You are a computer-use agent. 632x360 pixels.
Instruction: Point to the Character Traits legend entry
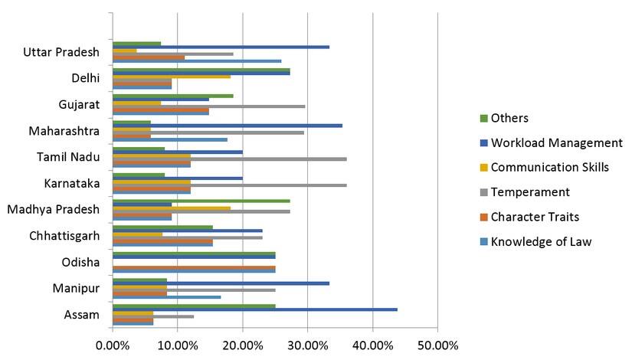tap(535, 217)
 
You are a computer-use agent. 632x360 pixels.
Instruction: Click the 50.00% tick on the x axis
tap(437, 345)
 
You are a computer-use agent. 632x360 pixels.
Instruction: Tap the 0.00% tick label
tap(113, 345)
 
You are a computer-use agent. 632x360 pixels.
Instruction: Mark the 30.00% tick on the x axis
tap(307, 345)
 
